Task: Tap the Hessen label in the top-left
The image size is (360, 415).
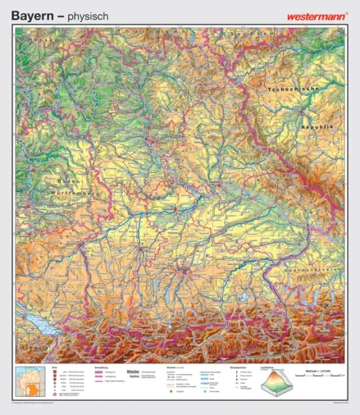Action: coord(40,40)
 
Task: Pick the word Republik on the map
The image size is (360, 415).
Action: coord(317,129)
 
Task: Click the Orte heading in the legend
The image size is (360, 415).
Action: coord(55,368)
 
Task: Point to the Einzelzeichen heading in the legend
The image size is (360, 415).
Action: coord(238,368)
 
